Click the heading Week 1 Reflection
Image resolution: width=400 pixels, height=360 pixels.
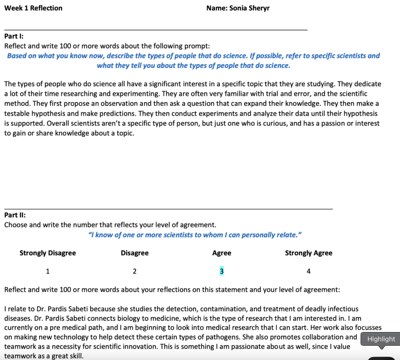pyautogui.click(x=33, y=8)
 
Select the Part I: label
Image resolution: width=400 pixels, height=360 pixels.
pyautogui.click(x=14, y=36)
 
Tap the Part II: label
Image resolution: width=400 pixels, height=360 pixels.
pyautogui.click(x=15, y=215)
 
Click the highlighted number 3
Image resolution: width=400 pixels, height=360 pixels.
pyautogui.click(x=221, y=271)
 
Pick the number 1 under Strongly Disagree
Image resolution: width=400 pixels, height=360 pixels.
pyautogui.click(x=48, y=271)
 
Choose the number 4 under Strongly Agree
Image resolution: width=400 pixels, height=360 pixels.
pyautogui.click(x=309, y=271)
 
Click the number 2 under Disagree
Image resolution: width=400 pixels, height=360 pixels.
pyautogui.click(x=134, y=271)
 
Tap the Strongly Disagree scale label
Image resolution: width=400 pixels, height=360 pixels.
pyautogui.click(x=48, y=253)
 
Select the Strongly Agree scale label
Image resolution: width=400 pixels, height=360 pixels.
pyautogui.click(x=309, y=253)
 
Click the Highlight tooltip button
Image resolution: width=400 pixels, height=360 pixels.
pyautogui.click(x=381, y=339)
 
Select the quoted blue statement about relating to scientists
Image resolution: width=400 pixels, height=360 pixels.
pyautogui.click(x=195, y=235)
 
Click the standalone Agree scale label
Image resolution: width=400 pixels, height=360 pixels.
pyautogui.click(x=221, y=253)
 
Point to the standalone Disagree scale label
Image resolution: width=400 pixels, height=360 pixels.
pyautogui.click(x=134, y=253)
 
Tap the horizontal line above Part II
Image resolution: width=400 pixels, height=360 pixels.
pyautogui.click(x=168, y=209)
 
